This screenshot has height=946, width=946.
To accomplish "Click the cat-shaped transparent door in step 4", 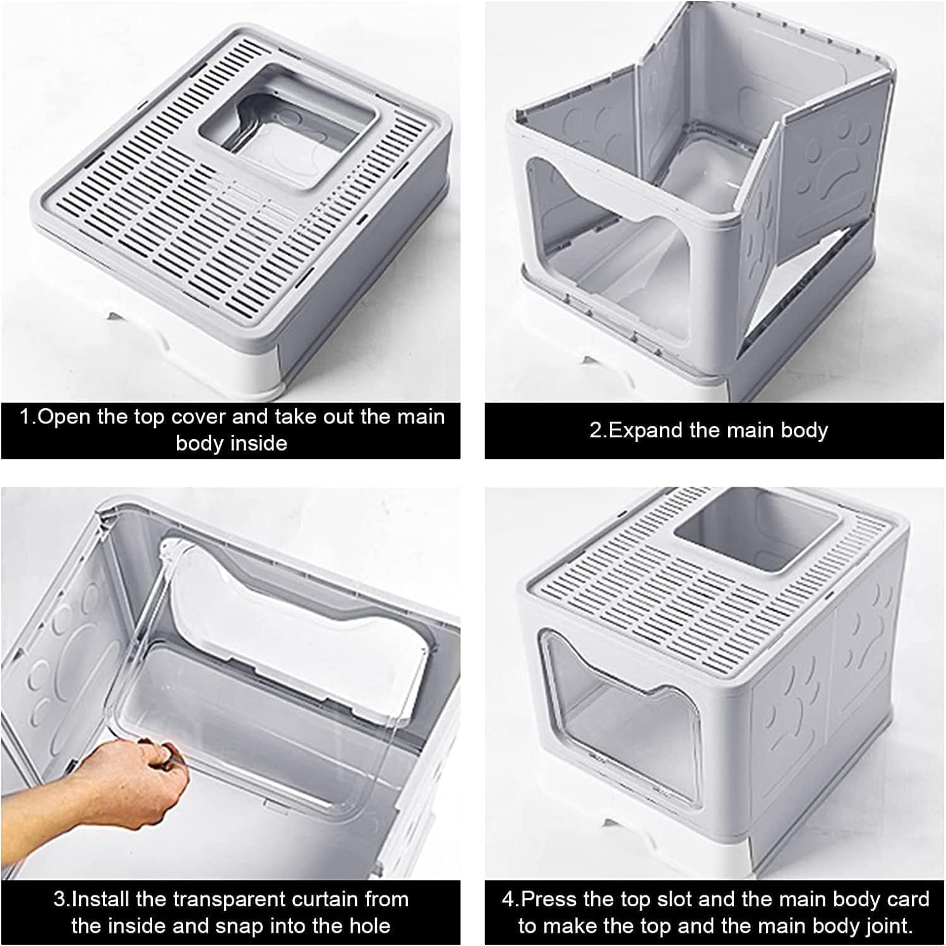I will click(606, 694).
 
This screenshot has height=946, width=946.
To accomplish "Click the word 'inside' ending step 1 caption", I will click(258, 443).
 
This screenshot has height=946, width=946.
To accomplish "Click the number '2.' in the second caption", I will click(596, 430).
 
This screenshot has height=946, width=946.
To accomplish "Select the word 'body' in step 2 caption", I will click(804, 430).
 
